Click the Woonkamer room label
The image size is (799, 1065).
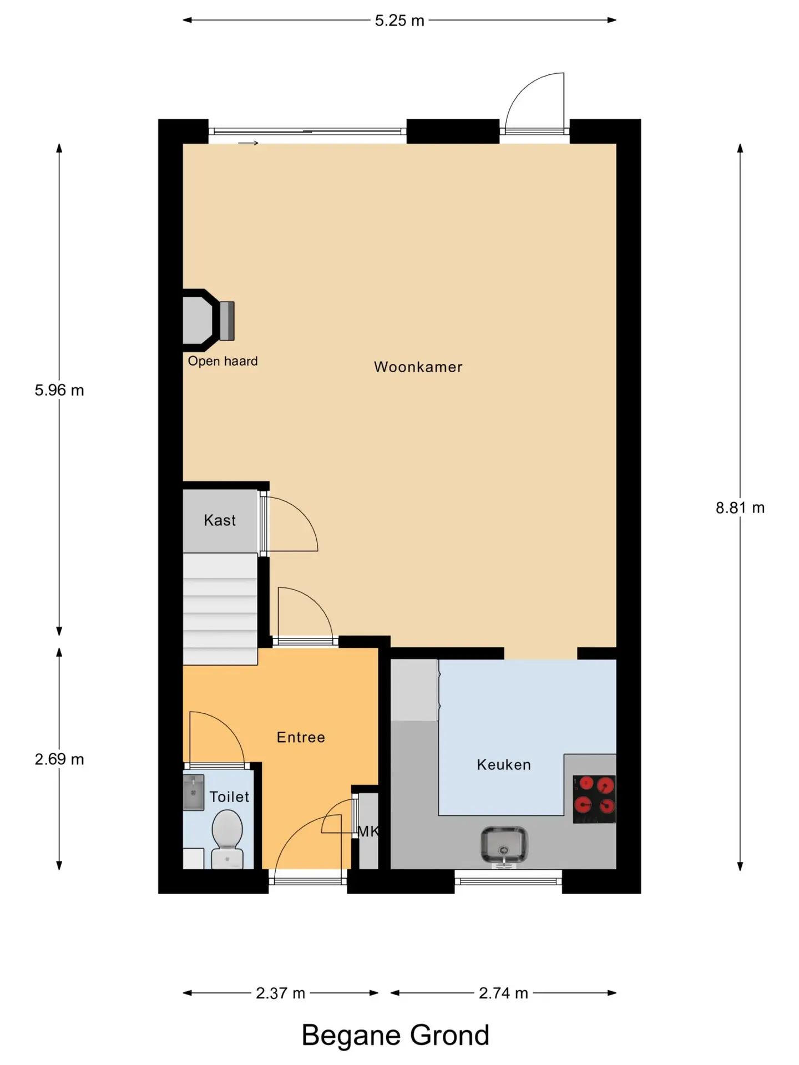418,367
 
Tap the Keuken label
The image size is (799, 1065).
504,765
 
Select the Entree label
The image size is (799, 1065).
301,737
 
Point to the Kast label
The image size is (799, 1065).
220,520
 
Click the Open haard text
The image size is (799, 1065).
222,361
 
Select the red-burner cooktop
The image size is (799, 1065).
594,799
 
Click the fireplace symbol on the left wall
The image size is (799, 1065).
209,321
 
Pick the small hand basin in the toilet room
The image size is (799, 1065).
194,793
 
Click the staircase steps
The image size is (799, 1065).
220,608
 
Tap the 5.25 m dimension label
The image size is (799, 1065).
399,21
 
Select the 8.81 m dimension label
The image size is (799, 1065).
740,508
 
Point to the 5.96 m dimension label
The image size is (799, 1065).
59,390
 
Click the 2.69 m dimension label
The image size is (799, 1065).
59,759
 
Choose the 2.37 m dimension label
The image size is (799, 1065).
280,993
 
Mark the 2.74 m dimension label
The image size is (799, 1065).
503,993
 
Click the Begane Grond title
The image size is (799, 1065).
395,1035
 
